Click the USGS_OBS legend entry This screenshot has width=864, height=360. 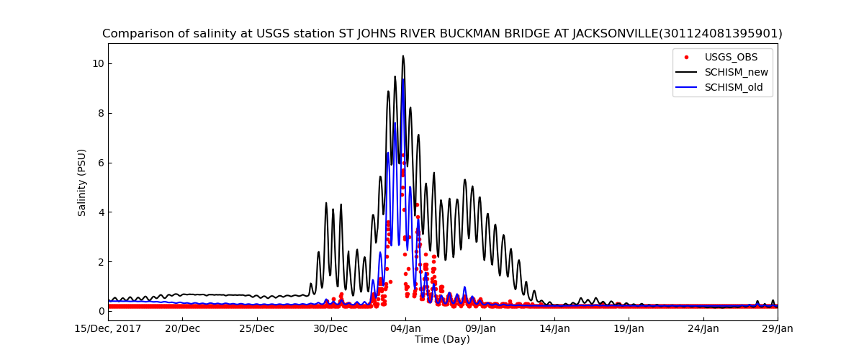click(731, 57)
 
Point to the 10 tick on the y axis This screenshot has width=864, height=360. click(98, 63)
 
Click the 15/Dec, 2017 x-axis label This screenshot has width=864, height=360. click(108, 329)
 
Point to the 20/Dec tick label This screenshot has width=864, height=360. click(182, 329)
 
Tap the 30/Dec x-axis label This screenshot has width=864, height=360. click(331, 329)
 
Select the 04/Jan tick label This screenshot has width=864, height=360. click(405, 329)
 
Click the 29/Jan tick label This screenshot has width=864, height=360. click(777, 329)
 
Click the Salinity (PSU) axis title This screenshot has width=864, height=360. click(82, 182)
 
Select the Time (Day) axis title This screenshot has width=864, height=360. click(442, 340)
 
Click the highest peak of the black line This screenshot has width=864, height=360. click(403, 56)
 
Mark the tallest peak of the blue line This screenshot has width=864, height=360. click(403, 79)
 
